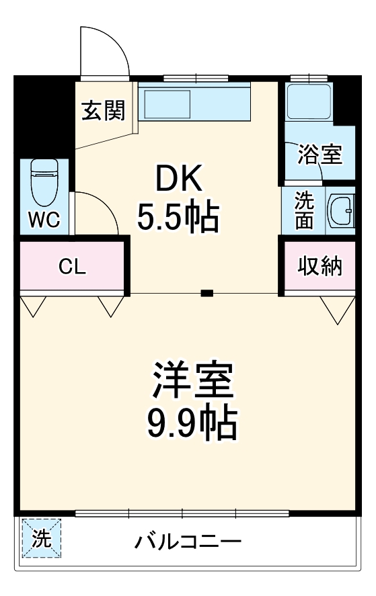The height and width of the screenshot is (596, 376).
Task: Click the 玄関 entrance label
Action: [104, 111]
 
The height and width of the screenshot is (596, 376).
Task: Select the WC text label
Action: [44, 219]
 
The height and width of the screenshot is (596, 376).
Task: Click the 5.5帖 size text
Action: [178, 217]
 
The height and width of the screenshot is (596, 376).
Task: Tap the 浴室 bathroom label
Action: [320, 155]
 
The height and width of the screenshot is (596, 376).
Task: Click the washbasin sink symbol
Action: [340, 211]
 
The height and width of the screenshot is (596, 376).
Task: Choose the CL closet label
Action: [72, 267]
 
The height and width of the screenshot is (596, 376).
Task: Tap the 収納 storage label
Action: [320, 266]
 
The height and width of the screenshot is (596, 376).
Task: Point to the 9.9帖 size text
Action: [192, 421]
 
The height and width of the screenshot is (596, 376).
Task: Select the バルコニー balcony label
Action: [188, 542]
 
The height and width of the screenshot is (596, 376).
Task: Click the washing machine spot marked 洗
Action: [41, 539]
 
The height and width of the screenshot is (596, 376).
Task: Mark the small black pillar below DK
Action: [207, 293]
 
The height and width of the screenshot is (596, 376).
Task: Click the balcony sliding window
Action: [182, 513]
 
